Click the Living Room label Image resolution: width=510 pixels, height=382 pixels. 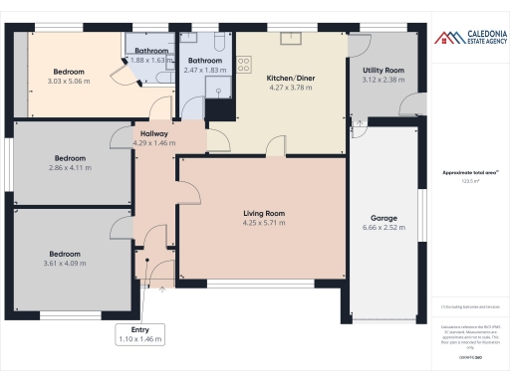click(264, 213)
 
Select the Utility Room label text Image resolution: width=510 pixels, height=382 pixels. click(382, 71)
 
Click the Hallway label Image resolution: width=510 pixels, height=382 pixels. click(153, 133)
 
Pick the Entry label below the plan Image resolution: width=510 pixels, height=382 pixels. click(139, 329)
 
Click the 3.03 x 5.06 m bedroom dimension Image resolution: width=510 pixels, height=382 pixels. click(69, 82)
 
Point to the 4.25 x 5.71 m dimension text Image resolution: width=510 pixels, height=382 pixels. click(264, 223)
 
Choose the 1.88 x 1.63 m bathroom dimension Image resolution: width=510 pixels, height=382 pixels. click(151, 60)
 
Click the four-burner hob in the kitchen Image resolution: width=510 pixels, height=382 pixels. click(244, 64)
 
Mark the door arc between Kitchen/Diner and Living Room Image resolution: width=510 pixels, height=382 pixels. click(277, 147)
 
